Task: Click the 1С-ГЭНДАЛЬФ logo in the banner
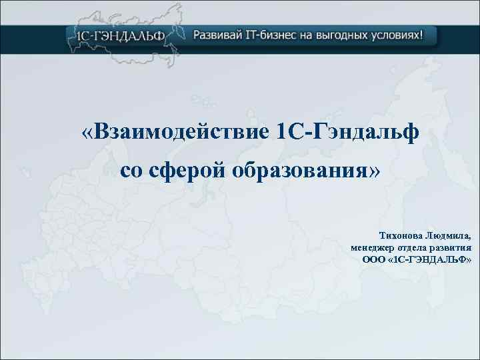click(119, 35)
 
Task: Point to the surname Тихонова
click(400, 235)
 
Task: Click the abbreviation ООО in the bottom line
click(372, 259)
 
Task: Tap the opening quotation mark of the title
click(89, 132)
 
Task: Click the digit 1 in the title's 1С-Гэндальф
click(280, 132)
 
